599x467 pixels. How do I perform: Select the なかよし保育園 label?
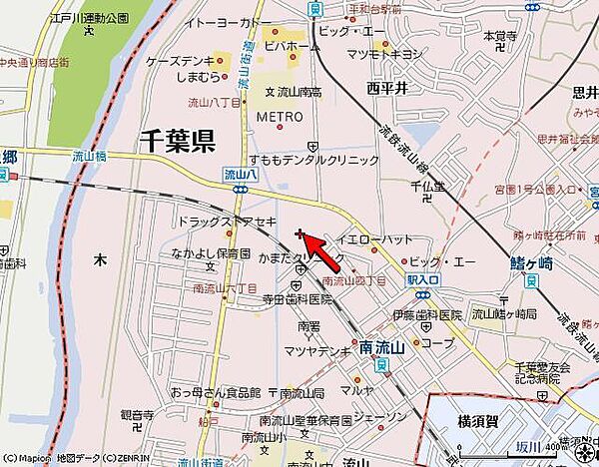click(x=210, y=253)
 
